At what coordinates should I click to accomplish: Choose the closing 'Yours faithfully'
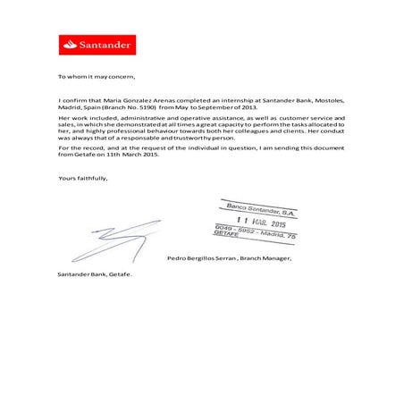(x=83, y=179)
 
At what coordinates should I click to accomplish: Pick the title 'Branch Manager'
(x=265, y=258)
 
